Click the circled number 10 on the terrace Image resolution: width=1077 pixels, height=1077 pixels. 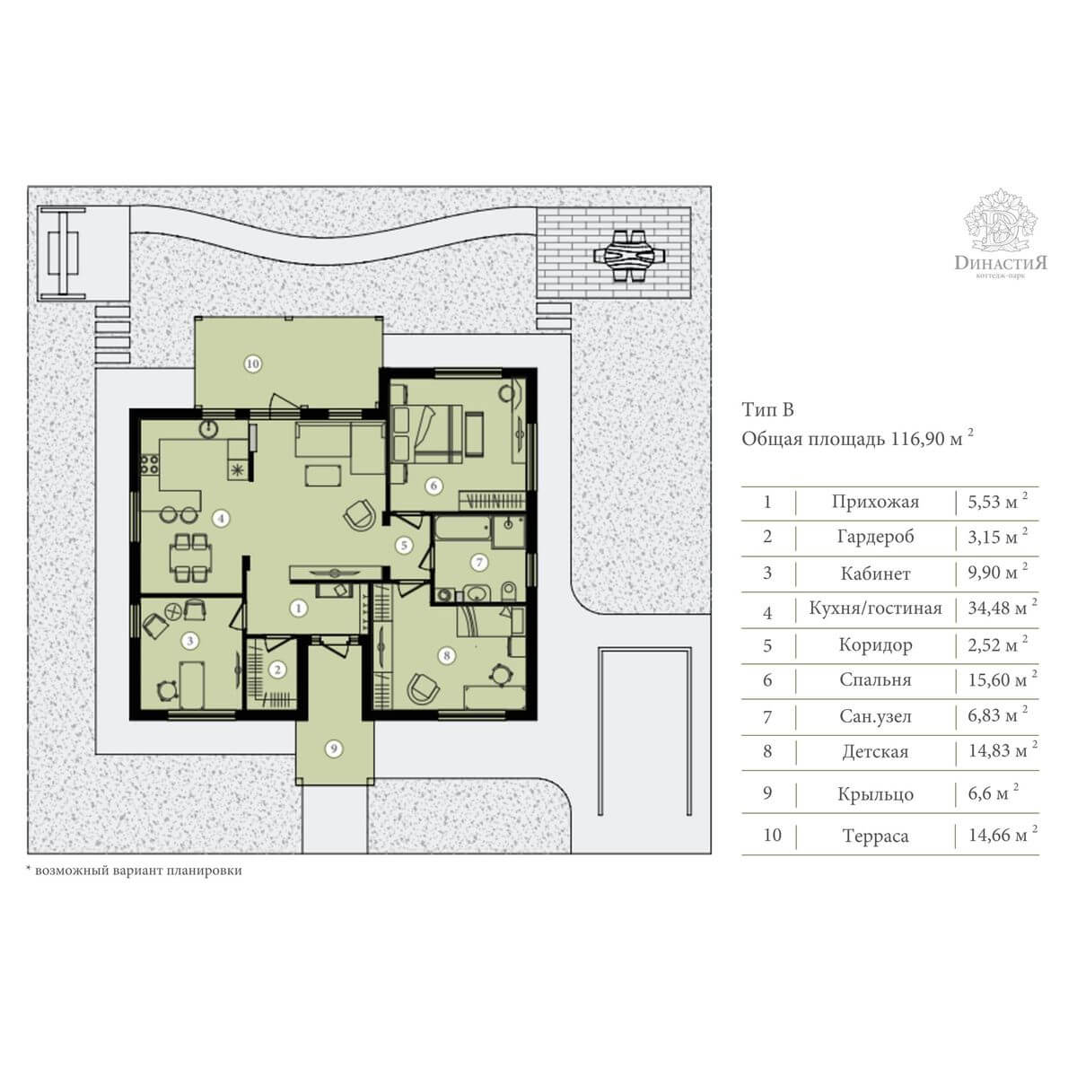click(x=253, y=363)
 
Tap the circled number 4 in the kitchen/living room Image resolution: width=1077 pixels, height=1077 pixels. click(x=222, y=519)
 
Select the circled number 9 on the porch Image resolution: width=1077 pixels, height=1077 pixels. click(x=334, y=749)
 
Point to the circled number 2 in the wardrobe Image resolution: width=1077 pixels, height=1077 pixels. click(x=277, y=670)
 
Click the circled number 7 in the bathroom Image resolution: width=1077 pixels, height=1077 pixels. click(x=479, y=562)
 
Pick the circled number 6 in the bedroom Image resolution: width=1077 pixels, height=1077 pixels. click(x=433, y=486)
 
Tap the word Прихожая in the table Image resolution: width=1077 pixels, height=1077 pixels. click(x=875, y=502)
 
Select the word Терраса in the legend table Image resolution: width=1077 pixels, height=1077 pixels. click(x=875, y=836)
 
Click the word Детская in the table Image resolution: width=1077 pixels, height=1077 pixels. click(x=875, y=752)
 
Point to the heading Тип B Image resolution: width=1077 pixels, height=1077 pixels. click(x=768, y=409)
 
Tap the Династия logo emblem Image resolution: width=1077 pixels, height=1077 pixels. click(x=1001, y=220)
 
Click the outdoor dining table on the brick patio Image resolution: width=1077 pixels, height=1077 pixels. click(x=629, y=257)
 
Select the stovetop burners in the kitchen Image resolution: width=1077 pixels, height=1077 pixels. click(x=150, y=465)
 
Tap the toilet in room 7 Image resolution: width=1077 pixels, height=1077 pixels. click(x=508, y=591)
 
